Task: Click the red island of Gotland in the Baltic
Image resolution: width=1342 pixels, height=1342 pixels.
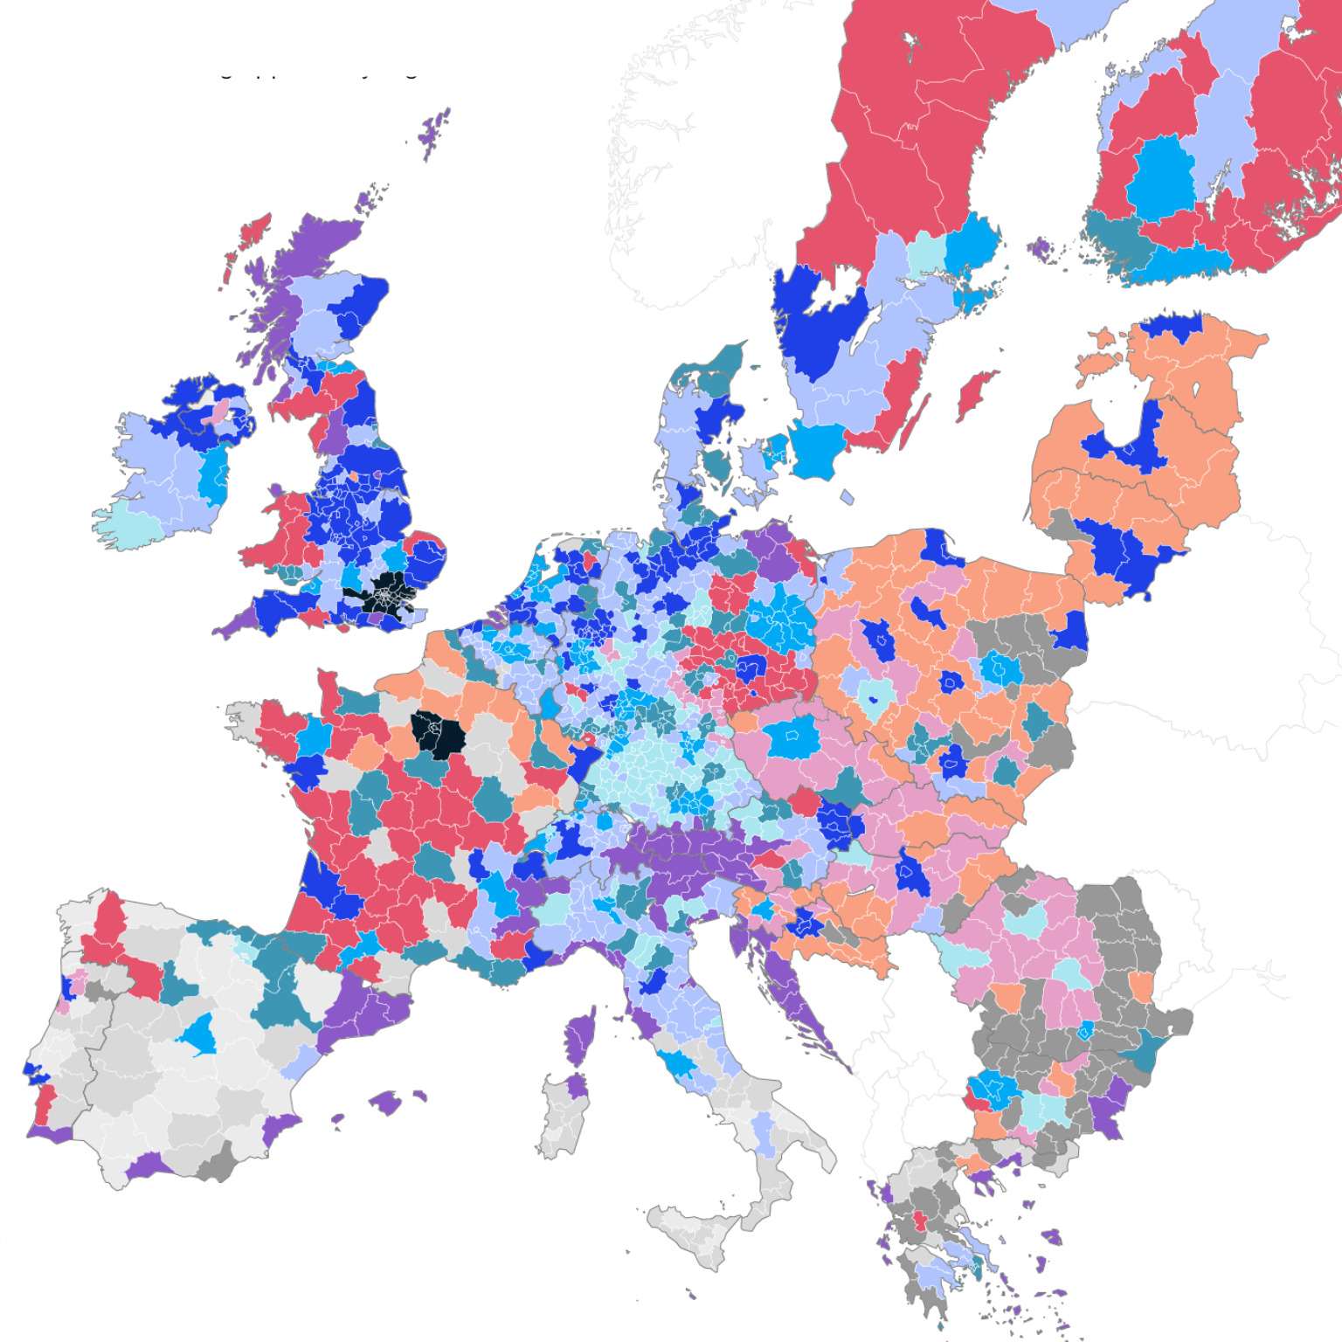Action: click(x=977, y=393)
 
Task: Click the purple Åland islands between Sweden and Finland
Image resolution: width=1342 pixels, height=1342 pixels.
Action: click(x=1040, y=249)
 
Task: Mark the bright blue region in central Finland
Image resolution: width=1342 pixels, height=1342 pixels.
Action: click(x=1162, y=179)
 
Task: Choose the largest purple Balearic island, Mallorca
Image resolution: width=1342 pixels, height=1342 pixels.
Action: click(x=385, y=1102)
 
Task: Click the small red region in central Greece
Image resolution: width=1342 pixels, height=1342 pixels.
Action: click(x=919, y=1220)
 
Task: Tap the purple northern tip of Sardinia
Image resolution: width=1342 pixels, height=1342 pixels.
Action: click(x=575, y=1086)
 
